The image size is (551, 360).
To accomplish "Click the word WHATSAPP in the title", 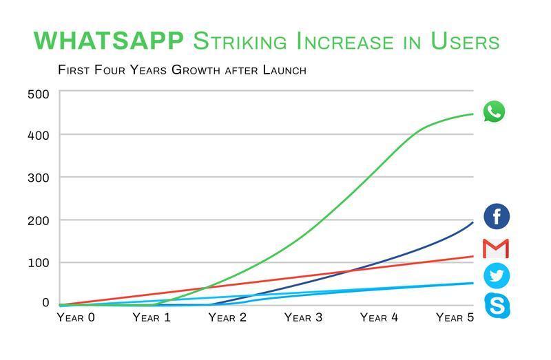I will tap(109, 41).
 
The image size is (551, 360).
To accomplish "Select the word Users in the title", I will tap(465, 41).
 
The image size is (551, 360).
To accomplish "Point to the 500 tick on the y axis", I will tap(38, 94).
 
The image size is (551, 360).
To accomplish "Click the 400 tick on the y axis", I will tap(38, 136).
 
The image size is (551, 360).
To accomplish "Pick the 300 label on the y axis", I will tap(38, 178).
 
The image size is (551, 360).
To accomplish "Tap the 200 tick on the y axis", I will tap(38, 220).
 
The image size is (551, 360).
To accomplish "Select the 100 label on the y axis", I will tap(38, 262).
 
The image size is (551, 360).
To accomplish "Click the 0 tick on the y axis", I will tap(45, 303).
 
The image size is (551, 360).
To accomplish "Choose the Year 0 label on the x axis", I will tap(76, 317).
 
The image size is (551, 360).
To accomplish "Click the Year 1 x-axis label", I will tap(152, 317).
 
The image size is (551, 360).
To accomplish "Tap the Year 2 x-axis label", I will tap(227, 317).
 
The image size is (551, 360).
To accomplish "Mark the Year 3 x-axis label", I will tap(303, 317).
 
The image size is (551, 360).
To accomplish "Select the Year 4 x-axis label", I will tap(380, 317).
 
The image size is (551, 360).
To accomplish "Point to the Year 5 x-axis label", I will tap(455, 317).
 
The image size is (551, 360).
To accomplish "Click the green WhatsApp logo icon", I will tap(495, 112).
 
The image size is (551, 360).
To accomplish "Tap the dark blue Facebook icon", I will tap(497, 216).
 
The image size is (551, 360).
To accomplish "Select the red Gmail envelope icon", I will tap(496, 248).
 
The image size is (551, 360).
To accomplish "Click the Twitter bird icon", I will tap(497, 275).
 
